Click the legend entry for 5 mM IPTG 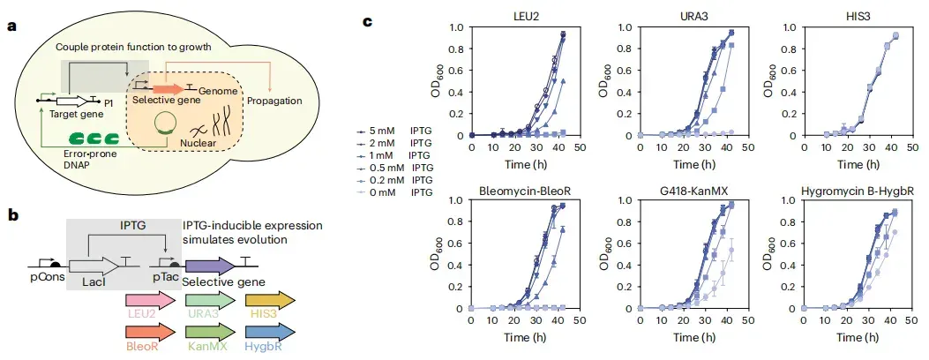coord(394,132)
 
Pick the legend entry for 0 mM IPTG coord(394,192)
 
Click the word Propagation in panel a coord(274,101)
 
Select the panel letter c coord(368,23)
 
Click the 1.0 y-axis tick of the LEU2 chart coord(456,26)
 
